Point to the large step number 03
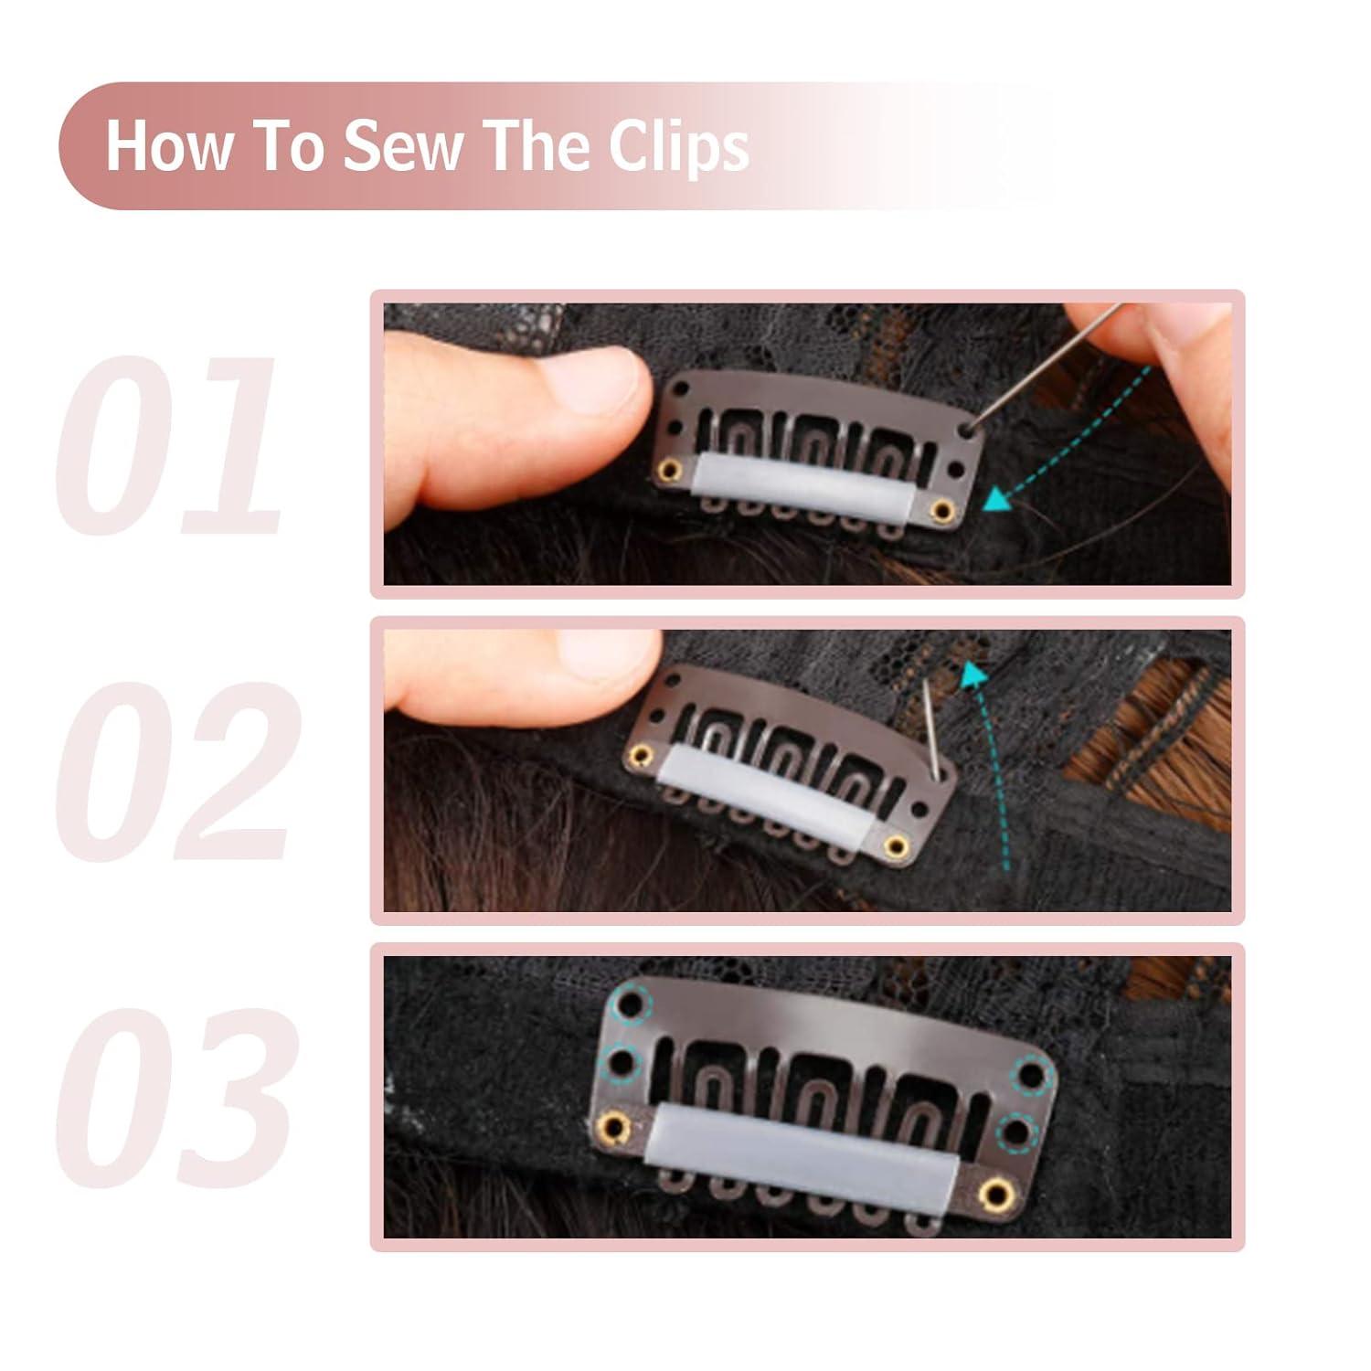174,1092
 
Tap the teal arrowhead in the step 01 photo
997,498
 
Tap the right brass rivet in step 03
994,1189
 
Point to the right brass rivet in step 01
938,508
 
